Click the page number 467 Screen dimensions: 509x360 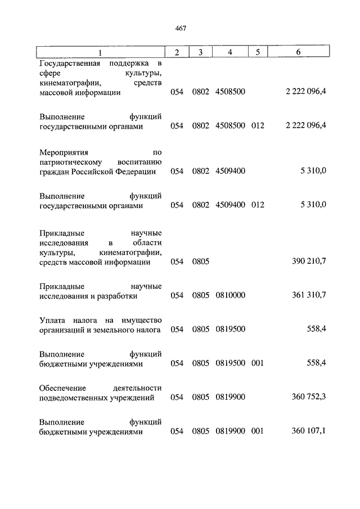click(x=180, y=28)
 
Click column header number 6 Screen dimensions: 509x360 click(x=298, y=52)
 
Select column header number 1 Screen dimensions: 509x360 click(x=100, y=52)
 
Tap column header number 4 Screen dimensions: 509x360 click(x=230, y=52)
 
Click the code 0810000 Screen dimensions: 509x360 click(x=230, y=295)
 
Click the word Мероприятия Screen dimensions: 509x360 click(x=63, y=152)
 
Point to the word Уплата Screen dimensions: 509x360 click(x=53, y=321)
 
